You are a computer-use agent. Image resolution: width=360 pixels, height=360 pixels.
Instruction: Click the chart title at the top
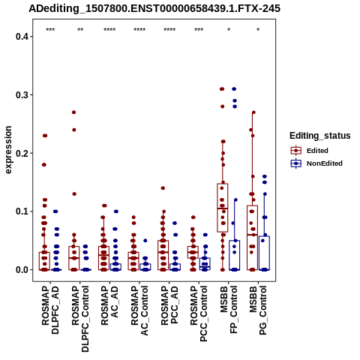pos(154,9)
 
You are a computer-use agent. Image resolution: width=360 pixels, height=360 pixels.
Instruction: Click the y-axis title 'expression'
pos(8,150)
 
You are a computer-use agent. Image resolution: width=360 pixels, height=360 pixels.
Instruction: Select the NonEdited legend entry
pos(316,163)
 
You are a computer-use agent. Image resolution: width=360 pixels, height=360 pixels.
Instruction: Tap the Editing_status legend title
pos(320,136)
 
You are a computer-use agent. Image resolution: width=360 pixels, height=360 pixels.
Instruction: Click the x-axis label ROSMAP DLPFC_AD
pos(50,310)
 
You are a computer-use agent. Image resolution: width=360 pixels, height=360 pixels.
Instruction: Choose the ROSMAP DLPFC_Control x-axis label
pos(80,319)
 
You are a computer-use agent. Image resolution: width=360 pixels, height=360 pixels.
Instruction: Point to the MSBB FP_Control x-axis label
pos(229,310)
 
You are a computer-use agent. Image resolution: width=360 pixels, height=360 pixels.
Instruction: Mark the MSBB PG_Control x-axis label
pos(258,310)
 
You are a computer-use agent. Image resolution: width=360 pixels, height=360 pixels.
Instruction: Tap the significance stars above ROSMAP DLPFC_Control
pos(80,29)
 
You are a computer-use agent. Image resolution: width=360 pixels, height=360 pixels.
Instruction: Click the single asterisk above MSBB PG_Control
pos(258,29)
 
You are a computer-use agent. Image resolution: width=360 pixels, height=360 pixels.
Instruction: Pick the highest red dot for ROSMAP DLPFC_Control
pos(73,112)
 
